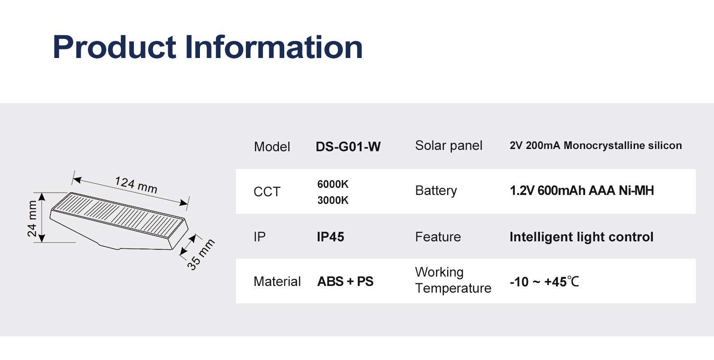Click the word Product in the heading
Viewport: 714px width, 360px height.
pyautogui.click(x=114, y=47)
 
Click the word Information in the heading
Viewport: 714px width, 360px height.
pyautogui.click(x=274, y=47)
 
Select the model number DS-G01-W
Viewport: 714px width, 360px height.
pyautogui.click(x=348, y=147)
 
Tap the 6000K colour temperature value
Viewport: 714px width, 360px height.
pyautogui.click(x=333, y=184)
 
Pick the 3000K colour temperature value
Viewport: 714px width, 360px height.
pyautogui.click(x=333, y=200)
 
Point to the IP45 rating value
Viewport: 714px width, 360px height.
pyautogui.click(x=331, y=237)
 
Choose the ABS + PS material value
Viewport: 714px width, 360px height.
pyautogui.click(x=345, y=281)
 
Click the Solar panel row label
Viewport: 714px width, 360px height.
pyautogui.click(x=448, y=145)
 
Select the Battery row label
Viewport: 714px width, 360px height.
pyautogui.click(x=436, y=191)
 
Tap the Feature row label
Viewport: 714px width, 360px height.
pyautogui.click(x=438, y=237)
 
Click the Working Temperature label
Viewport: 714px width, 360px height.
pyautogui.click(x=453, y=280)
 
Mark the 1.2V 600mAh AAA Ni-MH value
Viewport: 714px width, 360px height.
pyautogui.click(x=582, y=190)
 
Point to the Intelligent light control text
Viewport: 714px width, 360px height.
pyautogui.click(x=581, y=237)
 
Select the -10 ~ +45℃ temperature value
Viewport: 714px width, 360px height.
pyautogui.click(x=544, y=282)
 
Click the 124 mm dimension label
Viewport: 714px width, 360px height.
pyautogui.click(x=136, y=185)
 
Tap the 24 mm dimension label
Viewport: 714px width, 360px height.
pyautogui.click(x=32, y=219)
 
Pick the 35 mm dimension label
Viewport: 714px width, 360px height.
pyautogui.click(x=200, y=255)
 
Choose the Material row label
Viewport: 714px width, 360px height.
pyautogui.click(x=277, y=281)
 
